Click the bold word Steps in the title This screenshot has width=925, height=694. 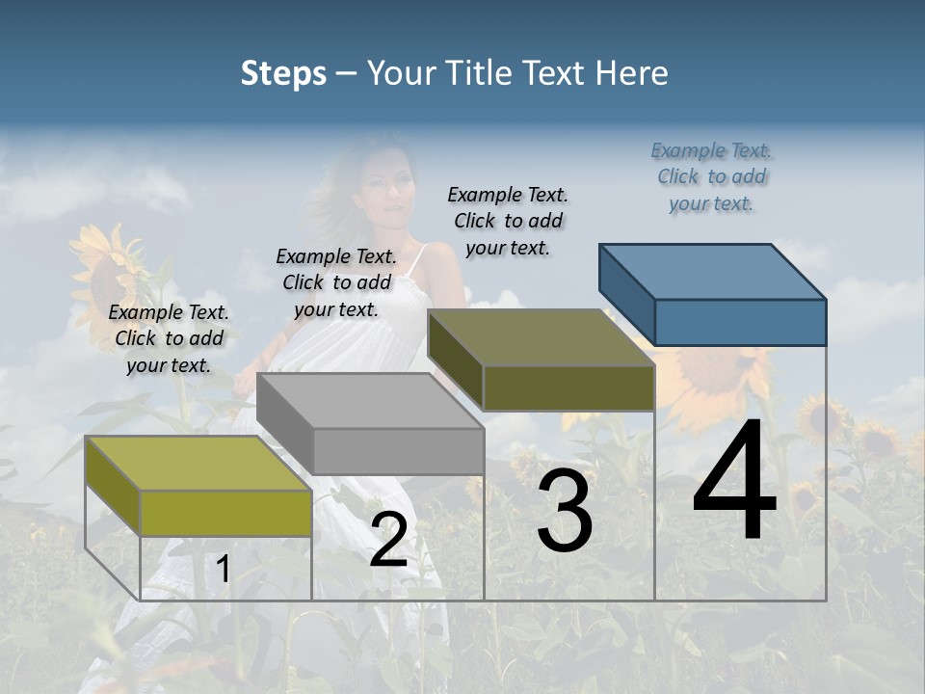(x=283, y=73)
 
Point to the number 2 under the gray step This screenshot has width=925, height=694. (x=388, y=541)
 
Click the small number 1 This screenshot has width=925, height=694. (x=223, y=570)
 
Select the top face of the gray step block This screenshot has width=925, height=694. (x=371, y=400)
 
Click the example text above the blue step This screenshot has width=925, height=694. (x=711, y=176)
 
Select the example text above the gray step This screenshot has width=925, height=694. (x=336, y=282)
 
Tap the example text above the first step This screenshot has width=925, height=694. (x=169, y=338)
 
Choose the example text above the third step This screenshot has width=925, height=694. (x=508, y=221)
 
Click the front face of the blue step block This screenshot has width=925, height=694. (x=740, y=322)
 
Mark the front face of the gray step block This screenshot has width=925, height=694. (x=398, y=451)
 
